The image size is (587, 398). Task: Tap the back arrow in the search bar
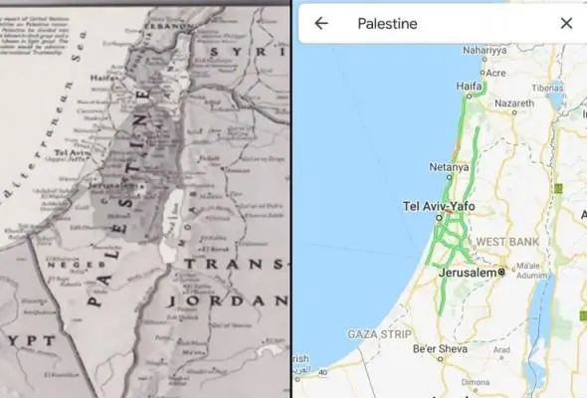320,23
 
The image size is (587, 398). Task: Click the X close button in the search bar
566,23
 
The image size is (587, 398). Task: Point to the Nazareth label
529,102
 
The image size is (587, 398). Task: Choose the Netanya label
448,167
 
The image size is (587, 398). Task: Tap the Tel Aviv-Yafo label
439,206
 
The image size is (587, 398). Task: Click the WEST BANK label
508,242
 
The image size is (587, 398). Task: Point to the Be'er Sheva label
440,347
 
